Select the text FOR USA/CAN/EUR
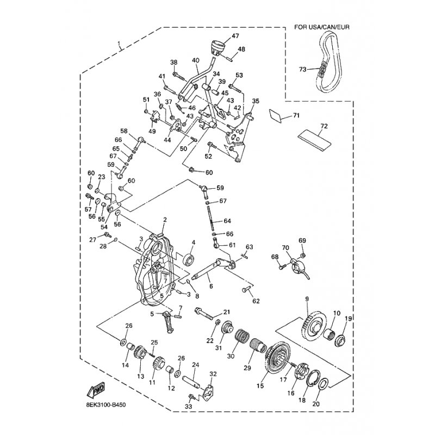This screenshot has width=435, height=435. coord(322,27)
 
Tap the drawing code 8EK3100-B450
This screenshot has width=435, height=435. coord(105,405)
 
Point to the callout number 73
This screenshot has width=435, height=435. coord(303,69)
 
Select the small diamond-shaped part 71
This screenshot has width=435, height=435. coord(276,115)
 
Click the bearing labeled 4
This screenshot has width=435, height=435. coord(190,260)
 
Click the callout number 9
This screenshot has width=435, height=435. coord(307,299)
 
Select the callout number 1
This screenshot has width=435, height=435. coord(119,43)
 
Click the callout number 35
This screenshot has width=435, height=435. coord(256,101)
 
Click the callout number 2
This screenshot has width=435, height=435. coord(165,220)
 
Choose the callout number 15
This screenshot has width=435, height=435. coord(260,386)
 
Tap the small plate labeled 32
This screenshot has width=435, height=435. coord(208,391)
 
